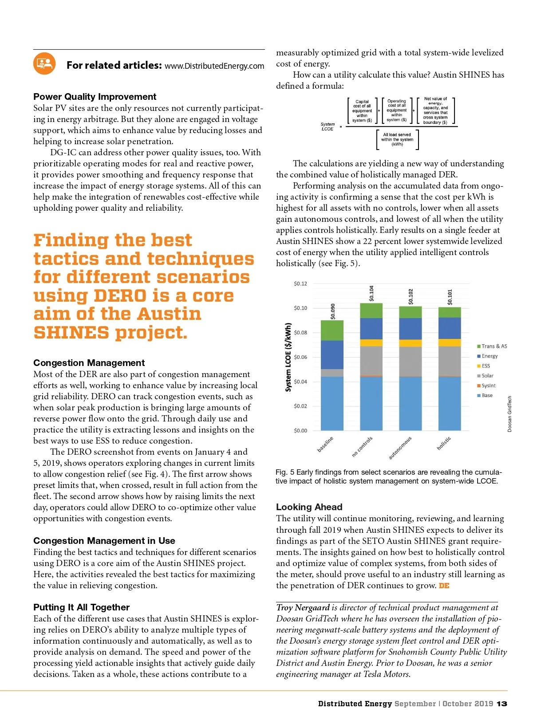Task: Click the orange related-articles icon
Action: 44,63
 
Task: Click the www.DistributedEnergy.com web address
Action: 214,66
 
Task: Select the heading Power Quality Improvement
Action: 95,97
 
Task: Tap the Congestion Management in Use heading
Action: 104,541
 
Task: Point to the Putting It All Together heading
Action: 81,607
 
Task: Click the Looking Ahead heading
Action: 309,507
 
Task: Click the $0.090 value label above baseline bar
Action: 333,311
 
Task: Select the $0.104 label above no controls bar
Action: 371,293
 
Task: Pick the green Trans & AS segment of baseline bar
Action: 332,330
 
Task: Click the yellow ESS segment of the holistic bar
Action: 450,342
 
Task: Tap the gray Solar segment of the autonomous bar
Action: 411,362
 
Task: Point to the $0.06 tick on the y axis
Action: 300,357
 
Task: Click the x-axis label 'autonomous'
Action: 400,448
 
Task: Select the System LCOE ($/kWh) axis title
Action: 288,357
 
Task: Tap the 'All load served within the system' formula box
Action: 397,139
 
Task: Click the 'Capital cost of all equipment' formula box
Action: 362,111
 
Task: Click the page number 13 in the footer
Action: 502,704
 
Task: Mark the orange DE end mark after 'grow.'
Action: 444,586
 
